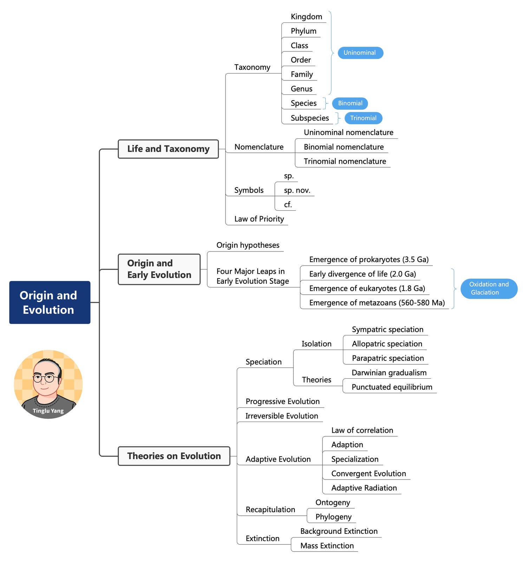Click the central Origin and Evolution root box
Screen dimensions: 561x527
point(50,302)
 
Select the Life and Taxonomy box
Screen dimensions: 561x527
point(168,149)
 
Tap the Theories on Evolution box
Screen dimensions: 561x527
point(174,456)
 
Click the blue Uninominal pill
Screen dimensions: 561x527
point(360,53)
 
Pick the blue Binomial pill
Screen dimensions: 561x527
point(350,103)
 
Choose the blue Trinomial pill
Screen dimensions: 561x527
point(363,118)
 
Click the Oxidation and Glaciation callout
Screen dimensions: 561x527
point(489,288)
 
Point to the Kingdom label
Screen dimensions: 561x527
point(306,17)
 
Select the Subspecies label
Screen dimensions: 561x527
point(310,118)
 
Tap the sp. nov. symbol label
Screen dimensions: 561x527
point(297,190)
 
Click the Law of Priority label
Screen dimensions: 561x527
point(259,219)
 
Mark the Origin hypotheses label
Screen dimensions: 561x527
point(248,245)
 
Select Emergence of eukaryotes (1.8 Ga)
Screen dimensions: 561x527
point(367,288)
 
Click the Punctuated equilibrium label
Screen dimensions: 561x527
point(392,387)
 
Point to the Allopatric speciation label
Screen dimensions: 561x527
point(387,344)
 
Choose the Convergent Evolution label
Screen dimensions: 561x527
point(368,474)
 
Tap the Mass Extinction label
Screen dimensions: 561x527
point(327,546)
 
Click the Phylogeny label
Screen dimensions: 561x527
point(333,517)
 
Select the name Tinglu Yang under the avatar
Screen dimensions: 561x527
point(48,411)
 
